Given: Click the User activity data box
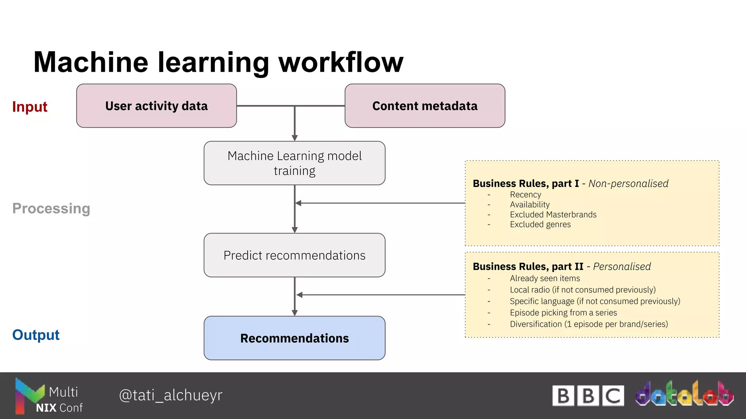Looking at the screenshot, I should click(x=156, y=106).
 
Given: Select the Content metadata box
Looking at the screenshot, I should click(x=425, y=106).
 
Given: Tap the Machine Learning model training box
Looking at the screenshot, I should click(x=294, y=163).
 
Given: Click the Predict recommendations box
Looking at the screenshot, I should click(x=294, y=255).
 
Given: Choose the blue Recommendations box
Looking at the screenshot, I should click(x=294, y=338).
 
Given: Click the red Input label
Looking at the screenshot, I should click(x=30, y=107).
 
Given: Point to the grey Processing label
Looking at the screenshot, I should click(x=51, y=208).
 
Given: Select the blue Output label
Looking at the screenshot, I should click(x=36, y=335).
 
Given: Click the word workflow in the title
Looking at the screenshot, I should click(x=341, y=62).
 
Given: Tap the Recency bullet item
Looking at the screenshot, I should click(x=525, y=195).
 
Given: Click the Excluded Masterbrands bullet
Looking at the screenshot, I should click(x=553, y=215).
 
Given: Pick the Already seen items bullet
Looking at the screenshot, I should click(x=545, y=278).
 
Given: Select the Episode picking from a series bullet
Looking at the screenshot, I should click(x=563, y=312).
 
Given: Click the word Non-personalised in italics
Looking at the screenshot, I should click(x=628, y=184).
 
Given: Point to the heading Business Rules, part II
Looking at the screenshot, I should click(x=528, y=267).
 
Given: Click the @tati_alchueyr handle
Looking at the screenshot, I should click(x=170, y=395).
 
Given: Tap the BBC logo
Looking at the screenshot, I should click(x=588, y=396).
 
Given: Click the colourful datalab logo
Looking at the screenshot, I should click(x=684, y=394).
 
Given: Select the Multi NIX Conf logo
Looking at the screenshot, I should click(x=48, y=396).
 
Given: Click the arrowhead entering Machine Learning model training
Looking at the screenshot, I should click(x=295, y=138).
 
